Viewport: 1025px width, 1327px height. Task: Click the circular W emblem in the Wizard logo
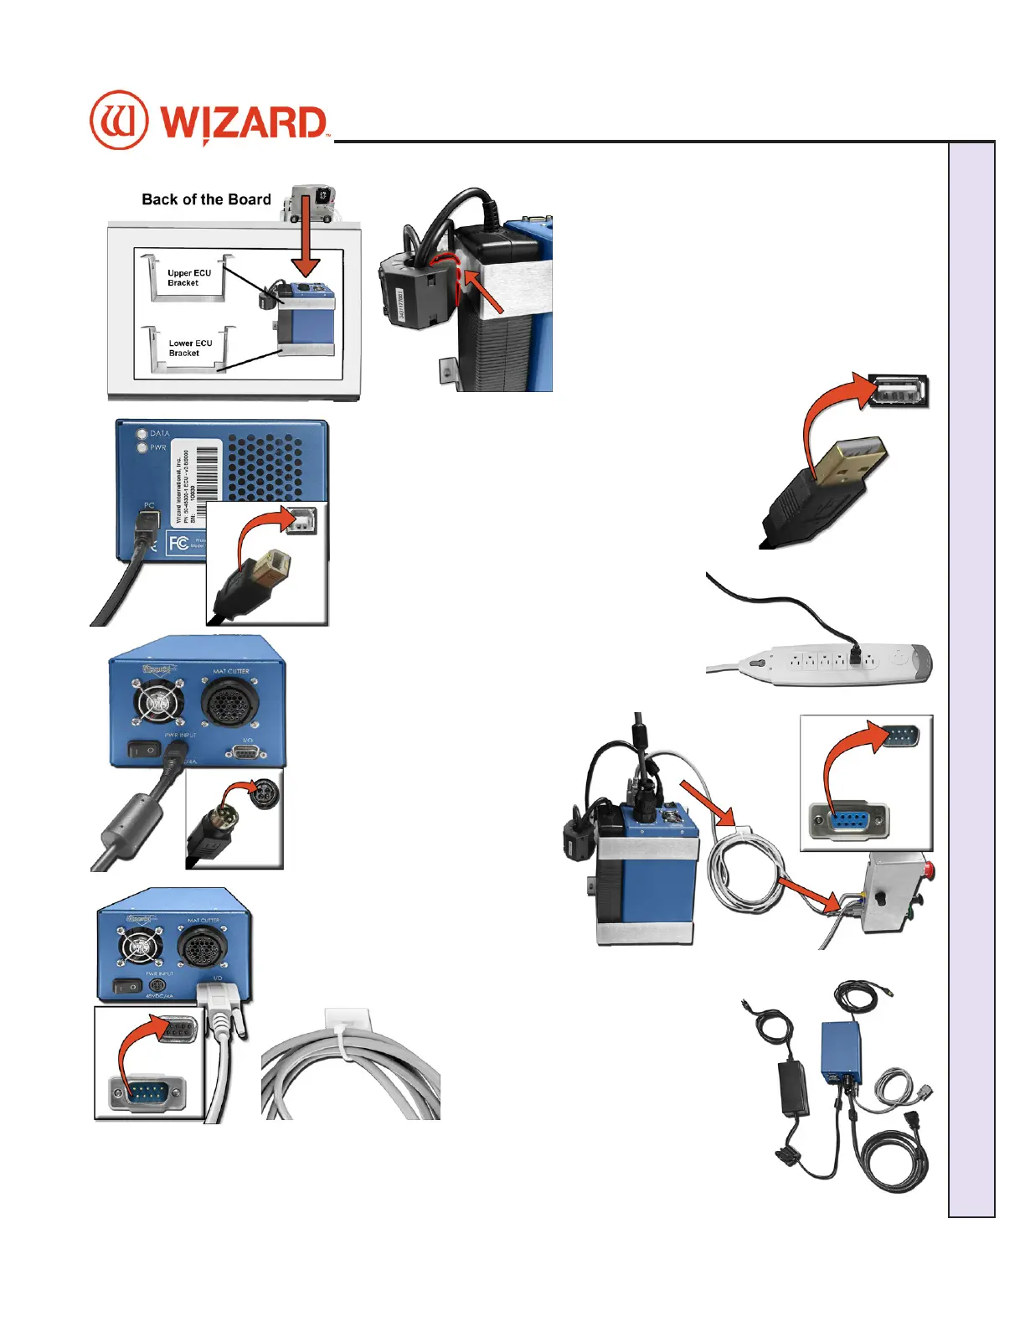(119, 120)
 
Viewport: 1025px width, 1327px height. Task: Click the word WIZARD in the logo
(243, 123)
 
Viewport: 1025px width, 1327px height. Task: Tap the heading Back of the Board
(206, 199)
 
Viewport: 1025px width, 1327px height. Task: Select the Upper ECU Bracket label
(189, 278)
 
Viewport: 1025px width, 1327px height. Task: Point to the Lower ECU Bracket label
(190, 348)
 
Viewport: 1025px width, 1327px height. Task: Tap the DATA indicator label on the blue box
(159, 434)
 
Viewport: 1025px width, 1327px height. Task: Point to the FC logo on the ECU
(178, 543)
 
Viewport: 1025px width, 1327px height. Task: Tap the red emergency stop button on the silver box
(926, 869)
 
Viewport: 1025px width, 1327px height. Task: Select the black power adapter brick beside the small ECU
(793, 1087)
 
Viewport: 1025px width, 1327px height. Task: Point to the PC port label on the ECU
(149, 505)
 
